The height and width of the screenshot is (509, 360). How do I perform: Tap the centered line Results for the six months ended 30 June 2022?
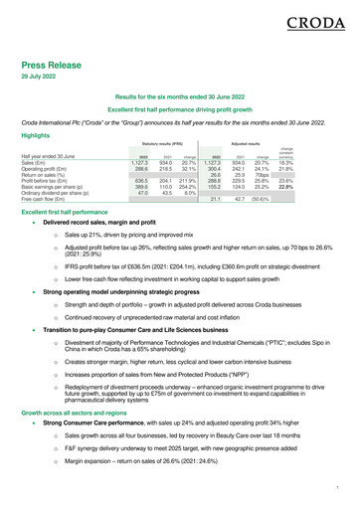180,99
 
